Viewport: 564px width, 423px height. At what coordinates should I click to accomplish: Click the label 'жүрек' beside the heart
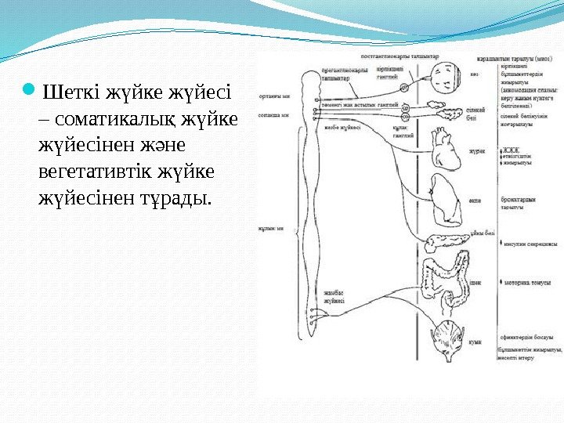click(x=477, y=151)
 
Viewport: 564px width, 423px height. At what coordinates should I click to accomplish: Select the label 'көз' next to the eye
click(x=475, y=75)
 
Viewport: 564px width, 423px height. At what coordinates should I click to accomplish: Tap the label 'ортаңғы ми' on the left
click(x=269, y=97)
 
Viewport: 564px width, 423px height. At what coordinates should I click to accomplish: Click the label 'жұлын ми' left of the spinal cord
click(x=269, y=229)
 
